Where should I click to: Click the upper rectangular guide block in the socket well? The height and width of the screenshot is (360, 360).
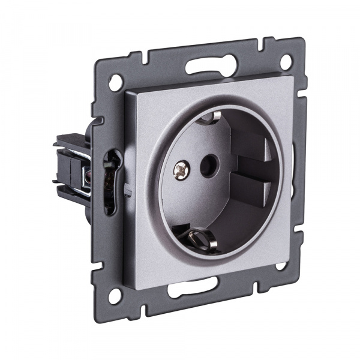point(253,147)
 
